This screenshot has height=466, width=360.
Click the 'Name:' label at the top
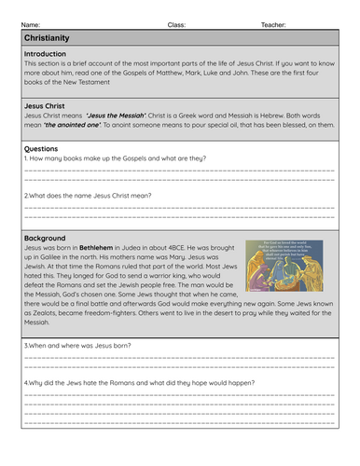(30, 24)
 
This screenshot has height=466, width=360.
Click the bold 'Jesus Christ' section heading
(45, 105)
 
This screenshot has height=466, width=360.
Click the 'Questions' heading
(42, 146)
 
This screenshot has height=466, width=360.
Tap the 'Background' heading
(45, 238)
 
